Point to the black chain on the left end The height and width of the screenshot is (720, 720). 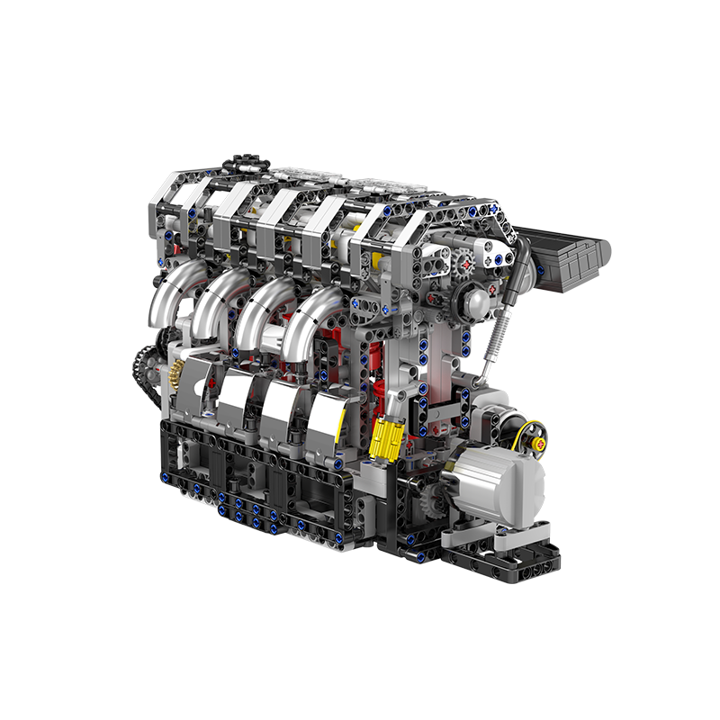(142, 369)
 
